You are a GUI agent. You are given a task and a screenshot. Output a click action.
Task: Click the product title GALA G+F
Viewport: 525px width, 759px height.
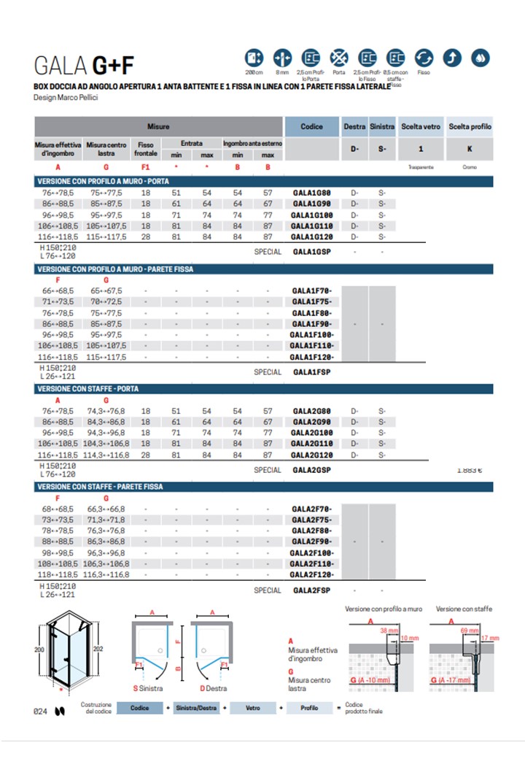point(84,66)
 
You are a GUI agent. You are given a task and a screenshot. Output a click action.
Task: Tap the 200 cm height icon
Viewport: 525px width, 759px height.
point(254,58)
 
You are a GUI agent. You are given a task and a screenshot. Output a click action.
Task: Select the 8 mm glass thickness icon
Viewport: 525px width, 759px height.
point(281,58)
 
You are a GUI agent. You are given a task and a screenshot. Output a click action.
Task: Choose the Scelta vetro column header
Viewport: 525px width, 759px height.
point(421,126)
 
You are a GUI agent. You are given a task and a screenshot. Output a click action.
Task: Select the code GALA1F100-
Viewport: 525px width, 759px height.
point(311,334)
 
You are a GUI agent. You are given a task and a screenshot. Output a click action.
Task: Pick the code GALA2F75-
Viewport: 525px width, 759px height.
point(311,520)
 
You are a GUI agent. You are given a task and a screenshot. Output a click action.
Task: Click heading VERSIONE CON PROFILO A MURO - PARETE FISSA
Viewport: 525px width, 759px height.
point(114,269)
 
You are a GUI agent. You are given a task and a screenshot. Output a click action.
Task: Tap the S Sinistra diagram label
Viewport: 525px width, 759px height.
point(148,688)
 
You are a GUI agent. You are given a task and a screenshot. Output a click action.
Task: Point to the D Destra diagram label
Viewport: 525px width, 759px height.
point(213,688)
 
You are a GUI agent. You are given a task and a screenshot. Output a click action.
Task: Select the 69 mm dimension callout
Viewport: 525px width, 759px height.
point(470,629)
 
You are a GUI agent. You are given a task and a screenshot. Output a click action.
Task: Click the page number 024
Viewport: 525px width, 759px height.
point(42,711)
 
